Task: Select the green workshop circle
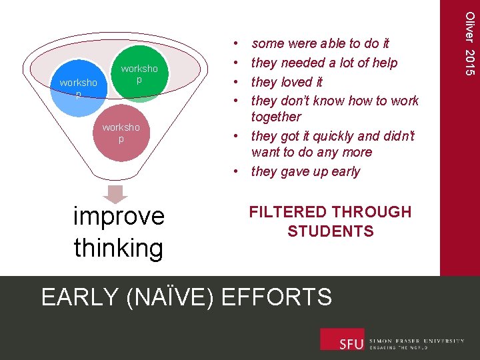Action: point(139,75)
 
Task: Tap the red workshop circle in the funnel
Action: point(121,133)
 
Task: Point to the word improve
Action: point(119,217)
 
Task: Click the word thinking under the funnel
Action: point(119,248)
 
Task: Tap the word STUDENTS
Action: point(330,231)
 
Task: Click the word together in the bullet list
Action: point(276,117)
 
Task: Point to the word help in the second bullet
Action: point(383,63)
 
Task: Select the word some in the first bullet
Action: point(268,43)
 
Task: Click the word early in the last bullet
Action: point(345,171)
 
